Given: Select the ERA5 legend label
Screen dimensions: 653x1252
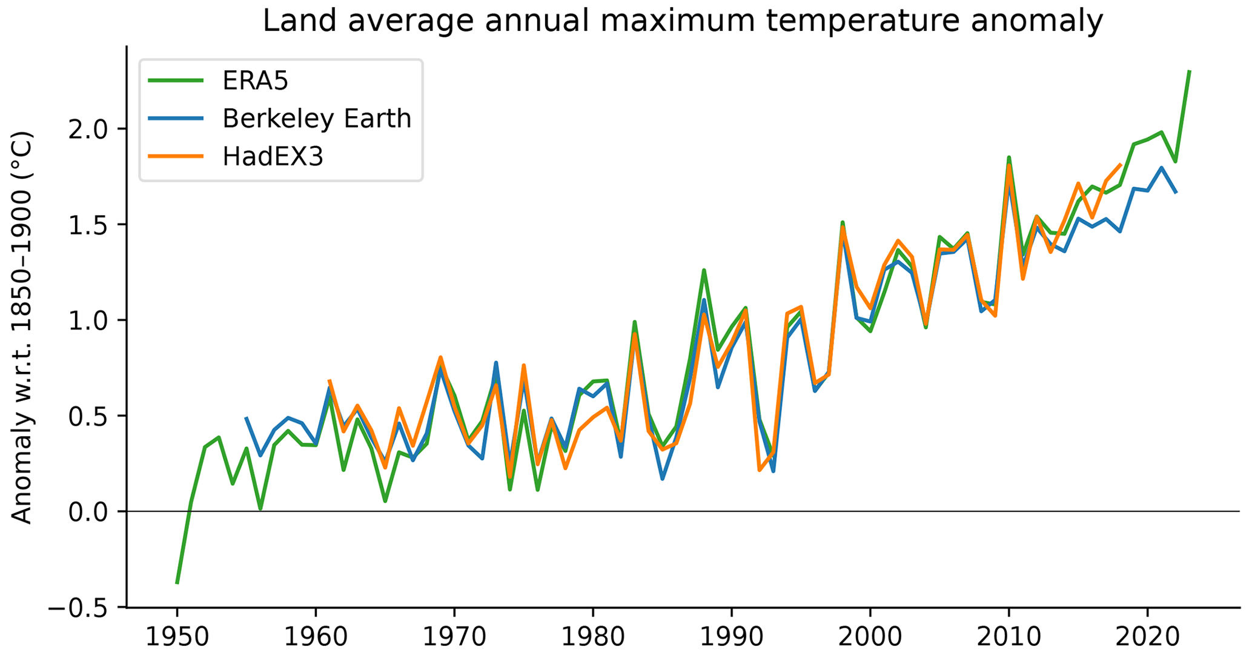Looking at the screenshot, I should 255,80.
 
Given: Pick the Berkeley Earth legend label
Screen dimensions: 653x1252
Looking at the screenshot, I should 316,118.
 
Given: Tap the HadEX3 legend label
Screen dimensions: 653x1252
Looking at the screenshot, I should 273,156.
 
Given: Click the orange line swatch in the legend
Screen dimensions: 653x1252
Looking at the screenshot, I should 176,156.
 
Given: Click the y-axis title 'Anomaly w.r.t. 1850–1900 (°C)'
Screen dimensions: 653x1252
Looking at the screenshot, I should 22,327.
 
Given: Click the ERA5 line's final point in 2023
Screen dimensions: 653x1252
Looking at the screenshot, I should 1190,71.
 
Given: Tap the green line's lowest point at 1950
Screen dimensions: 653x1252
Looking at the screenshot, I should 177,583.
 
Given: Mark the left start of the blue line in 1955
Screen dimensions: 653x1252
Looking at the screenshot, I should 246,417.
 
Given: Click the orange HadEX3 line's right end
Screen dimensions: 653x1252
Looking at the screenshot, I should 1121,164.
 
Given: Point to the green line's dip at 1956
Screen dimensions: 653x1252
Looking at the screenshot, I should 260,509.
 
